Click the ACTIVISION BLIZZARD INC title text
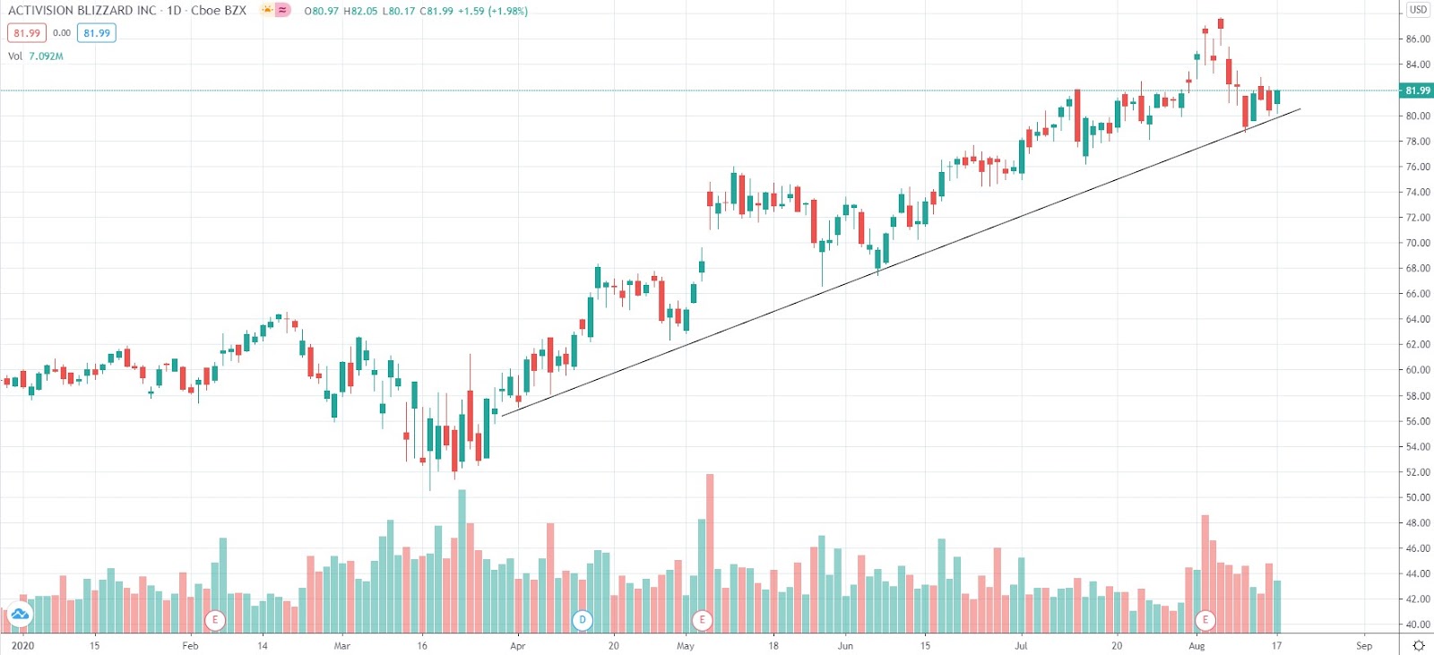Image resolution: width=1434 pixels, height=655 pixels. (x=82, y=11)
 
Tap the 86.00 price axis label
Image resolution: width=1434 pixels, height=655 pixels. (x=1418, y=39)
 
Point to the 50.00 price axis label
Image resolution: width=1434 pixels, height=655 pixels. (x=1418, y=497)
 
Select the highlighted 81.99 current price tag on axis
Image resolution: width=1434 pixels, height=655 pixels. (x=1416, y=90)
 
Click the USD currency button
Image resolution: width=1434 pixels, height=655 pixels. (x=1418, y=10)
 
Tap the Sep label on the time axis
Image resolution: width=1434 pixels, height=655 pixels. (x=1364, y=645)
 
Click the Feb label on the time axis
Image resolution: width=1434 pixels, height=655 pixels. (x=190, y=645)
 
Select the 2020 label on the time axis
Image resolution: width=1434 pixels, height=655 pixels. (x=22, y=645)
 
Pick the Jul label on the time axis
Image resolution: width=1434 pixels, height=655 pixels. (x=1021, y=645)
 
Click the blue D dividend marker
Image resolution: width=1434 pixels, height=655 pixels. (x=583, y=619)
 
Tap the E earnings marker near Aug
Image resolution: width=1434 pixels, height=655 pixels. (x=1205, y=619)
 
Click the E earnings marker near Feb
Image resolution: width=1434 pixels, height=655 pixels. (x=214, y=619)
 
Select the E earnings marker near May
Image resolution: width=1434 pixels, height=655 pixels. (x=702, y=619)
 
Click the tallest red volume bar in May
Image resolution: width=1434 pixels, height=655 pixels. (x=710, y=551)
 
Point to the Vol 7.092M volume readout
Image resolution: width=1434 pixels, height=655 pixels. (x=36, y=56)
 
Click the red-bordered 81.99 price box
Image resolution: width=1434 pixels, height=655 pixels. (x=27, y=33)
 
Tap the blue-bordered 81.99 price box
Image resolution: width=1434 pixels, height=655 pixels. (x=97, y=33)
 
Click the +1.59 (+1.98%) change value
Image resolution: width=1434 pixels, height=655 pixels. (x=492, y=12)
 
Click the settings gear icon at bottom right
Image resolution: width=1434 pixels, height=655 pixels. (x=1418, y=645)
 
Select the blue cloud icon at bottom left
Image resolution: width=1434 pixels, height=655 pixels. (x=19, y=615)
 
